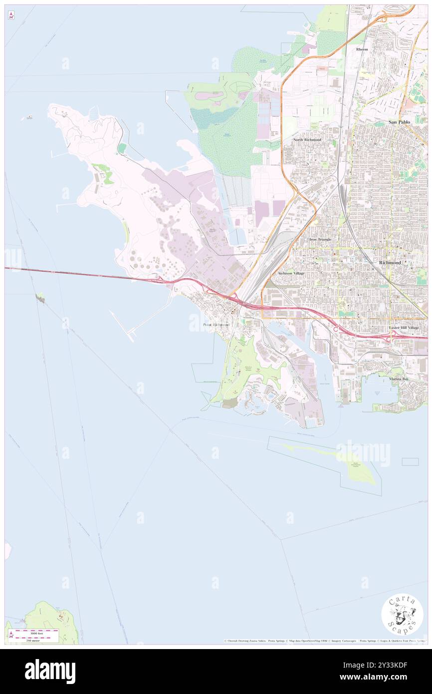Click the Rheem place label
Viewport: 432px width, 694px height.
(362, 49)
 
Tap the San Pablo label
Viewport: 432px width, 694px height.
(400, 122)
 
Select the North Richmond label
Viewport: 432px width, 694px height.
(307, 140)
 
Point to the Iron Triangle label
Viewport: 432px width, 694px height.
(320, 239)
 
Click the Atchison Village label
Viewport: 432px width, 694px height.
(291, 273)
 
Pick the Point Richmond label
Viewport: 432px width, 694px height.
(216, 325)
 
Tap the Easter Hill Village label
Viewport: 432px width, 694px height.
(404, 328)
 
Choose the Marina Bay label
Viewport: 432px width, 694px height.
(399, 379)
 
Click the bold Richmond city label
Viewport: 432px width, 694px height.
(390, 262)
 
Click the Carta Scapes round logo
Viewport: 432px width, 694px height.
(402, 614)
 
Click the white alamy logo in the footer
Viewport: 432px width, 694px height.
(50, 672)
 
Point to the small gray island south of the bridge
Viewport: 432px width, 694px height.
(40, 299)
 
